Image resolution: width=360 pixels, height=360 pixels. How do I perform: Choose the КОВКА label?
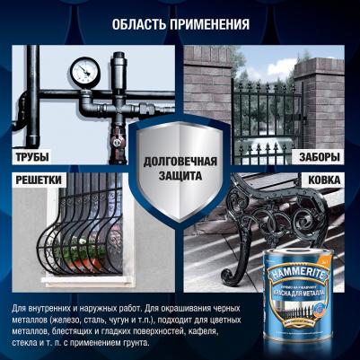click(x=325, y=181)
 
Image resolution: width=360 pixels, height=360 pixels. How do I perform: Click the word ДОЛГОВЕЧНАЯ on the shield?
click(x=179, y=163)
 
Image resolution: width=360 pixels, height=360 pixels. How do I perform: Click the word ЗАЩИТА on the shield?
click(x=179, y=178)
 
